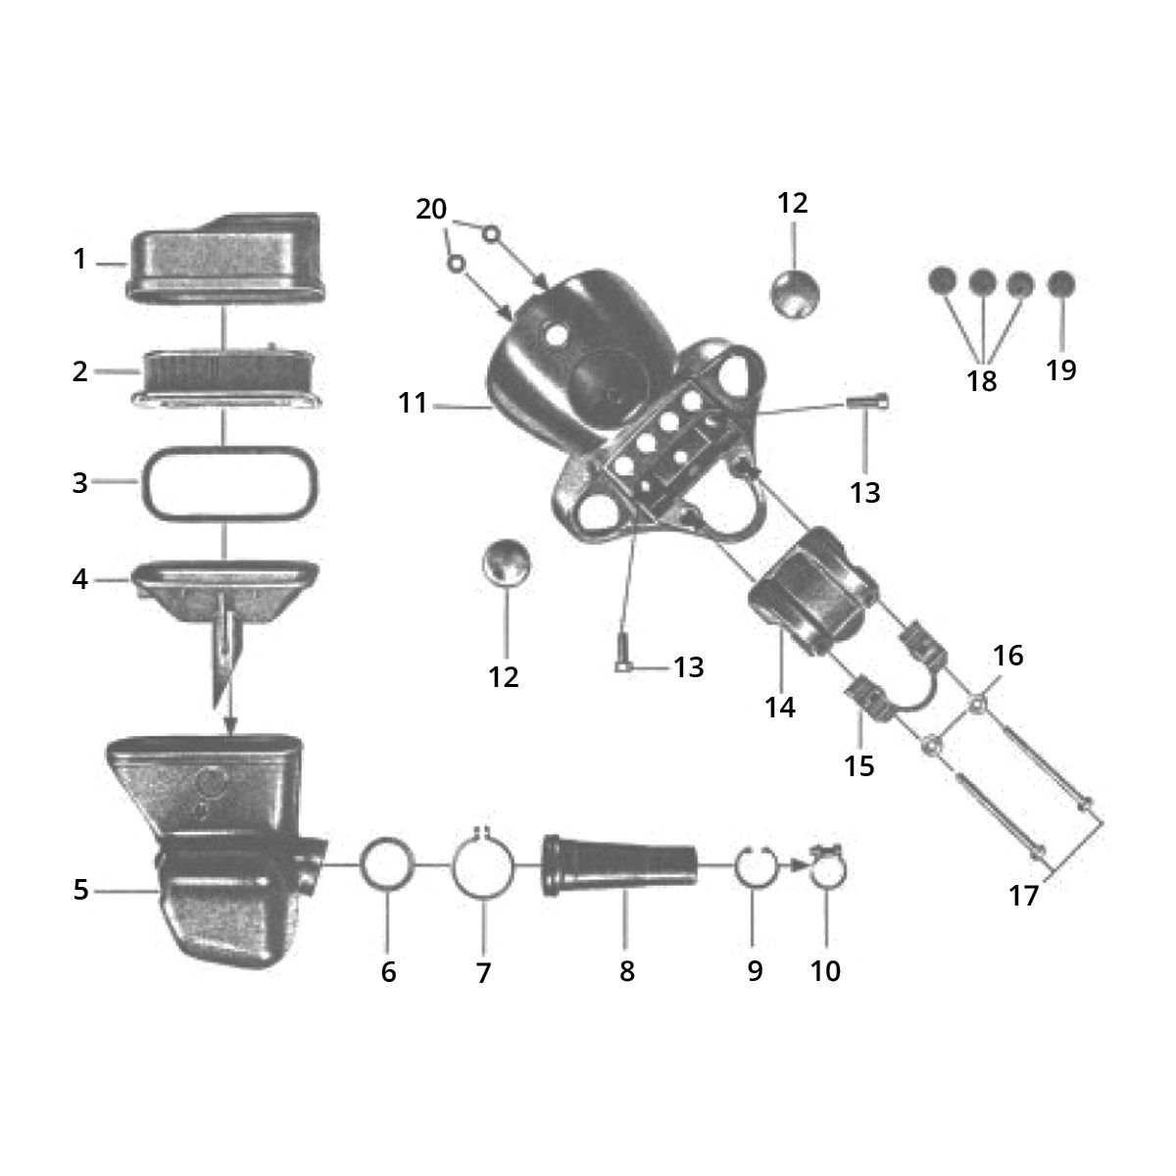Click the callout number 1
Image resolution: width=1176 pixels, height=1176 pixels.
(79, 260)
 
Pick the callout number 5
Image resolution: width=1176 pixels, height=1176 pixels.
(80, 890)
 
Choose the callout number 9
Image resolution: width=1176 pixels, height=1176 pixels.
(754, 971)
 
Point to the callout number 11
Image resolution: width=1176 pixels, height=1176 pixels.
(413, 402)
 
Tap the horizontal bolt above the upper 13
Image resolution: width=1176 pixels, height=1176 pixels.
(868, 399)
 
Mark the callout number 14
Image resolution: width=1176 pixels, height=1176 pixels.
(780, 707)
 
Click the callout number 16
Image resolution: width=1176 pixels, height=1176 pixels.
(1007, 655)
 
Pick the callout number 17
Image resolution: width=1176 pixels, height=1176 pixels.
(1023, 896)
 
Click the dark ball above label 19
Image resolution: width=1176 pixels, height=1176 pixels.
(1060, 284)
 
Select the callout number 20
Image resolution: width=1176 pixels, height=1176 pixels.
(431, 209)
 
